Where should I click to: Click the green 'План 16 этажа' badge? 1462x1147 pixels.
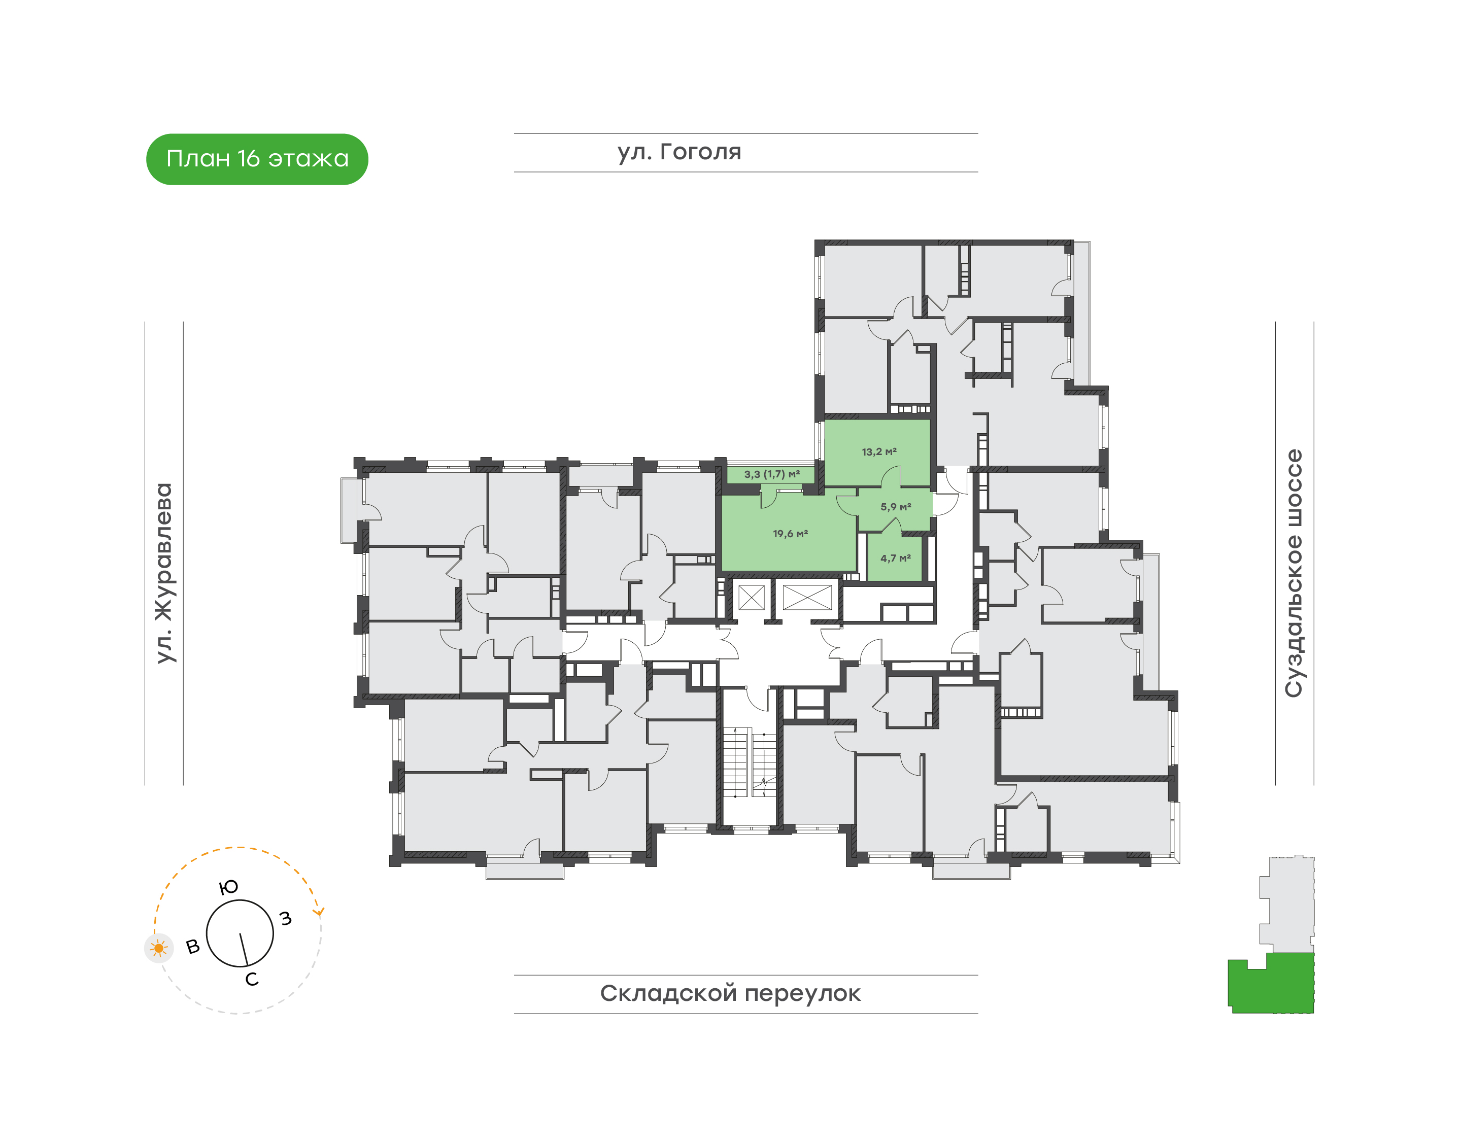tap(257, 159)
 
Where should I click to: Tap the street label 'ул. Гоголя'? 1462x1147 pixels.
tap(679, 152)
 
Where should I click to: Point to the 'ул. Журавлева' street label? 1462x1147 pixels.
tap(164, 573)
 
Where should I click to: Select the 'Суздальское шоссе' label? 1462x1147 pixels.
tap(1294, 573)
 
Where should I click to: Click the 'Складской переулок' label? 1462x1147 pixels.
tap(730, 993)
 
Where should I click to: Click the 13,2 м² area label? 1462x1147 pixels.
tap(879, 452)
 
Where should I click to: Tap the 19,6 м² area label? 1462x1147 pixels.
tap(790, 534)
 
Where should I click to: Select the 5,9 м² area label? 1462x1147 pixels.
tap(896, 507)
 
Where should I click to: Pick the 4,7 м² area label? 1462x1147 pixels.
tap(896, 558)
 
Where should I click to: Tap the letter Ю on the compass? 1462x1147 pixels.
tap(228, 888)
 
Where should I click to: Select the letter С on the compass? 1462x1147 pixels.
tap(252, 980)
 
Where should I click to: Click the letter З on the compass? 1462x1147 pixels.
tap(286, 919)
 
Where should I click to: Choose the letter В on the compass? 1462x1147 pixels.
tap(193, 947)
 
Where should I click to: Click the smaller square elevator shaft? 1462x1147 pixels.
tap(751, 597)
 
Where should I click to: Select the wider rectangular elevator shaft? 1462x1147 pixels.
tap(807, 597)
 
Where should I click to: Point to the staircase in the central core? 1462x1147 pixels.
tap(749, 762)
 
